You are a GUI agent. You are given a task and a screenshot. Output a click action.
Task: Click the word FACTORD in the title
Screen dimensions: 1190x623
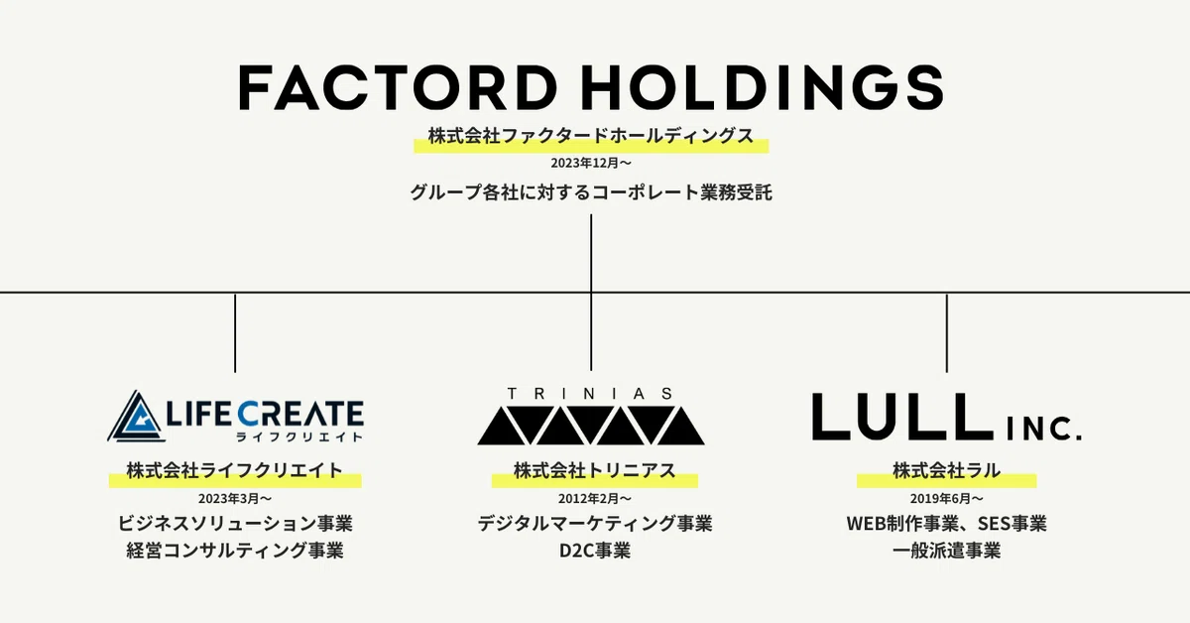pos(397,87)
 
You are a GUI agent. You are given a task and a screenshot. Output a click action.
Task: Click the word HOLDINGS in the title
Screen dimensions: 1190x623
pos(763,87)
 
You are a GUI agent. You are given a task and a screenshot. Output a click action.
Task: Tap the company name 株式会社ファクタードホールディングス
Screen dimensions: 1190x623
pos(591,136)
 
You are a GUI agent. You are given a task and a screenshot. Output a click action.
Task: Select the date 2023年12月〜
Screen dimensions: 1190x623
pos(591,163)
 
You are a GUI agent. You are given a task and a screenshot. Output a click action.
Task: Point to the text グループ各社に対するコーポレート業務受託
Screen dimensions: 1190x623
pos(591,191)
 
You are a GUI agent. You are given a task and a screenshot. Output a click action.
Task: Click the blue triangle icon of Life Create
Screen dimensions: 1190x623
pos(136,417)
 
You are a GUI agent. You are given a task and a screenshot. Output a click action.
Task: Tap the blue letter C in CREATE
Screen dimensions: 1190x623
pos(249,415)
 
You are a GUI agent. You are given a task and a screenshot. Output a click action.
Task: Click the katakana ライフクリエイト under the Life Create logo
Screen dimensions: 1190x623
pos(299,436)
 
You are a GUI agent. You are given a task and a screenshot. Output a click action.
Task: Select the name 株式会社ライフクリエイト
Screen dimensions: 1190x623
pos(235,470)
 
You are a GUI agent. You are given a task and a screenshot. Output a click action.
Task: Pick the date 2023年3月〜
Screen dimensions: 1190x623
pos(235,499)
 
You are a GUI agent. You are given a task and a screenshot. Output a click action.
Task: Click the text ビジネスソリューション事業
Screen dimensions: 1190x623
pos(235,524)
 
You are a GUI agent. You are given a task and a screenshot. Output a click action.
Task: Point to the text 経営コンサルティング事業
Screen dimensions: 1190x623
pos(235,551)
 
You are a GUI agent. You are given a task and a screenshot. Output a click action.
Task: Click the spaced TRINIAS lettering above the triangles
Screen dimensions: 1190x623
pos(590,394)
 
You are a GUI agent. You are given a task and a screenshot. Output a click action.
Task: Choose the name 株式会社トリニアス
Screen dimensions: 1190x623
pos(594,470)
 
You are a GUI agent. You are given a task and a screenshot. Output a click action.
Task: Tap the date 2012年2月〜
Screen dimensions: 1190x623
pos(594,499)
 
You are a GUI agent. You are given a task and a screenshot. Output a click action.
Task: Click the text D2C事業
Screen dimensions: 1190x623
pos(594,551)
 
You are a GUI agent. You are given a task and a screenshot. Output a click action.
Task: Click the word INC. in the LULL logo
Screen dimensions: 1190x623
pos(1044,429)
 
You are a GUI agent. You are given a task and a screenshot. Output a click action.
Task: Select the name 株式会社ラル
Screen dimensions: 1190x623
pos(947,470)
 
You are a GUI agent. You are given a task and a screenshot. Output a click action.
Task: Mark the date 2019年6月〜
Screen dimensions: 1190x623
pos(947,499)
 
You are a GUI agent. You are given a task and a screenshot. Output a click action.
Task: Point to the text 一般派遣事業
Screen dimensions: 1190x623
pos(947,551)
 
